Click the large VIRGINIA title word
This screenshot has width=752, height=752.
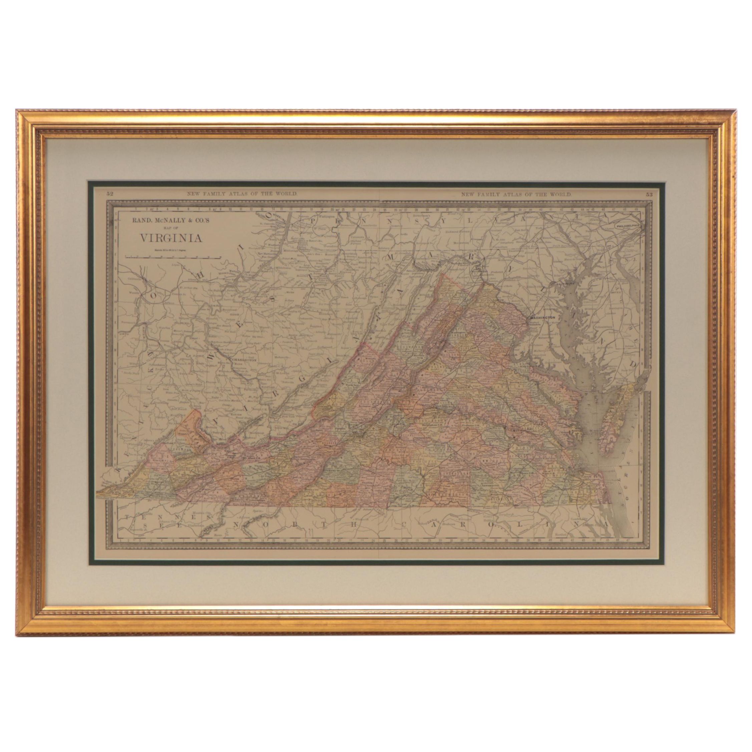[171, 238]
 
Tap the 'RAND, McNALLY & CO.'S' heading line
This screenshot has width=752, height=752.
[171, 220]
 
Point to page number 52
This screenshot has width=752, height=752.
[110, 194]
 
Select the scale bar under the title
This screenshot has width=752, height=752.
[173, 257]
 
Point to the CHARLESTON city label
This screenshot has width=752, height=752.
[244, 360]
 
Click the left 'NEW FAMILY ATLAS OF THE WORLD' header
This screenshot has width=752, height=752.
[243, 194]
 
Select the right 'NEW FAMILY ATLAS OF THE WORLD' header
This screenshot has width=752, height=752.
[516, 194]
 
